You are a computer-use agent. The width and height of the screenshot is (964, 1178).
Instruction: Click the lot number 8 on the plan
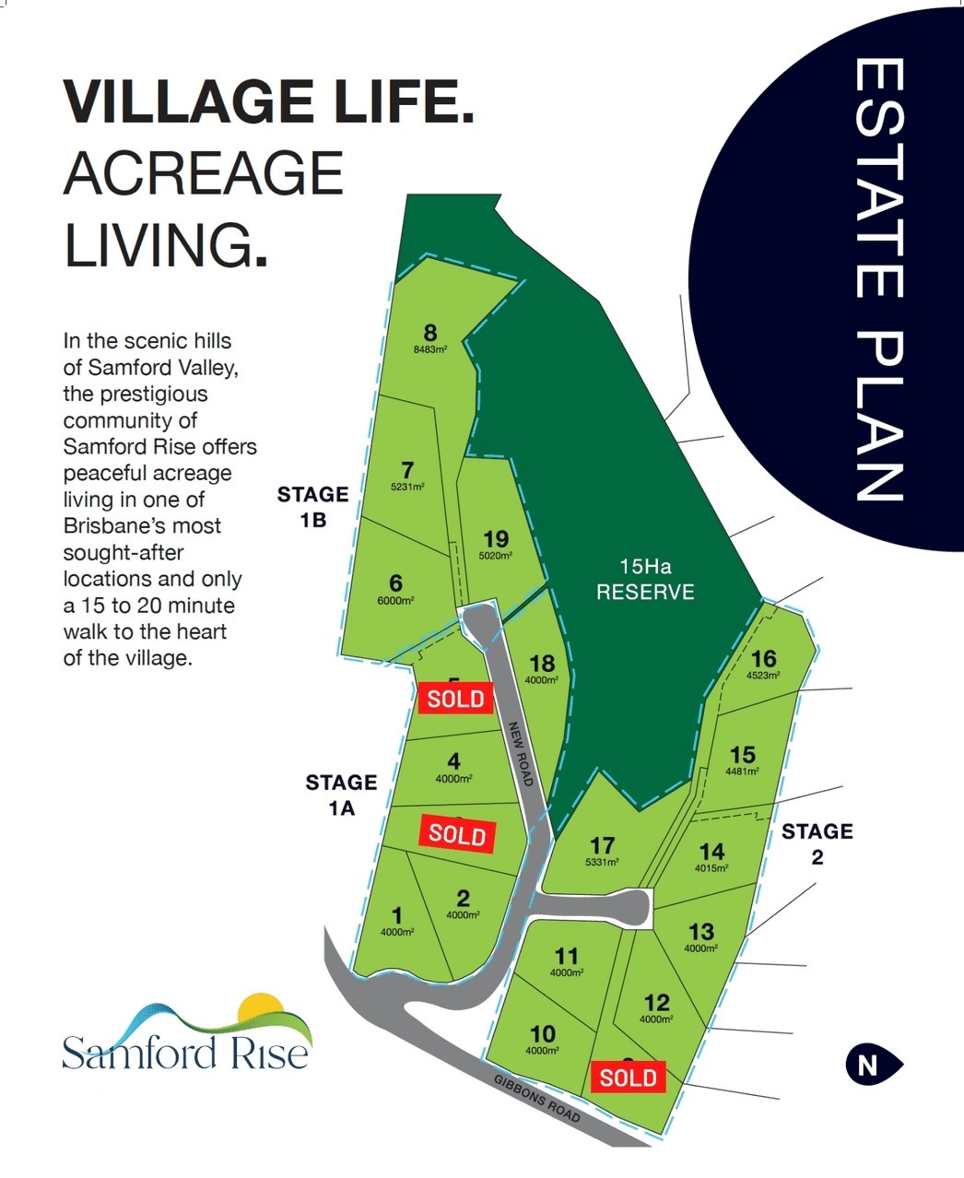click(429, 333)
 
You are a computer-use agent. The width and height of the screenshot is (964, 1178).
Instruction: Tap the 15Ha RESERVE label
click(645, 580)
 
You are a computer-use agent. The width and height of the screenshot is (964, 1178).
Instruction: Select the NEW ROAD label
click(522, 753)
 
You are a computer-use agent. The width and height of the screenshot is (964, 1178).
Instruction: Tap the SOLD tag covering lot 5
click(455, 699)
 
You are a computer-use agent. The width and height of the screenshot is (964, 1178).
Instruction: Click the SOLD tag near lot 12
click(629, 1077)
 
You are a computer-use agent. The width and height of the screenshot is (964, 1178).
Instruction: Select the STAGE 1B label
click(312, 507)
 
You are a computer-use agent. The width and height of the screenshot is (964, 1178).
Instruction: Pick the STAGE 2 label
click(817, 843)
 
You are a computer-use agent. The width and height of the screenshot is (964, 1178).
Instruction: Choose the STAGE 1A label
click(341, 795)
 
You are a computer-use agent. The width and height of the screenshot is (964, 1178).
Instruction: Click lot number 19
click(496, 539)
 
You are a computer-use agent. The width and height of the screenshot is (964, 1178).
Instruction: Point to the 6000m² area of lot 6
click(396, 600)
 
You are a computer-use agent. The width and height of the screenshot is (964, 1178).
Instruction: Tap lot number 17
click(602, 845)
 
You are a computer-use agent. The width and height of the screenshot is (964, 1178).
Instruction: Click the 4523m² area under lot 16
click(764, 675)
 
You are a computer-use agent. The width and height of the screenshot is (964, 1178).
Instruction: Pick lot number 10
click(543, 1034)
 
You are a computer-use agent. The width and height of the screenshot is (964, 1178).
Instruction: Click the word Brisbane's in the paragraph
click(142, 526)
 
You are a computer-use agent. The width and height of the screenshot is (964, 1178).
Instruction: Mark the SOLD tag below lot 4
click(457, 834)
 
